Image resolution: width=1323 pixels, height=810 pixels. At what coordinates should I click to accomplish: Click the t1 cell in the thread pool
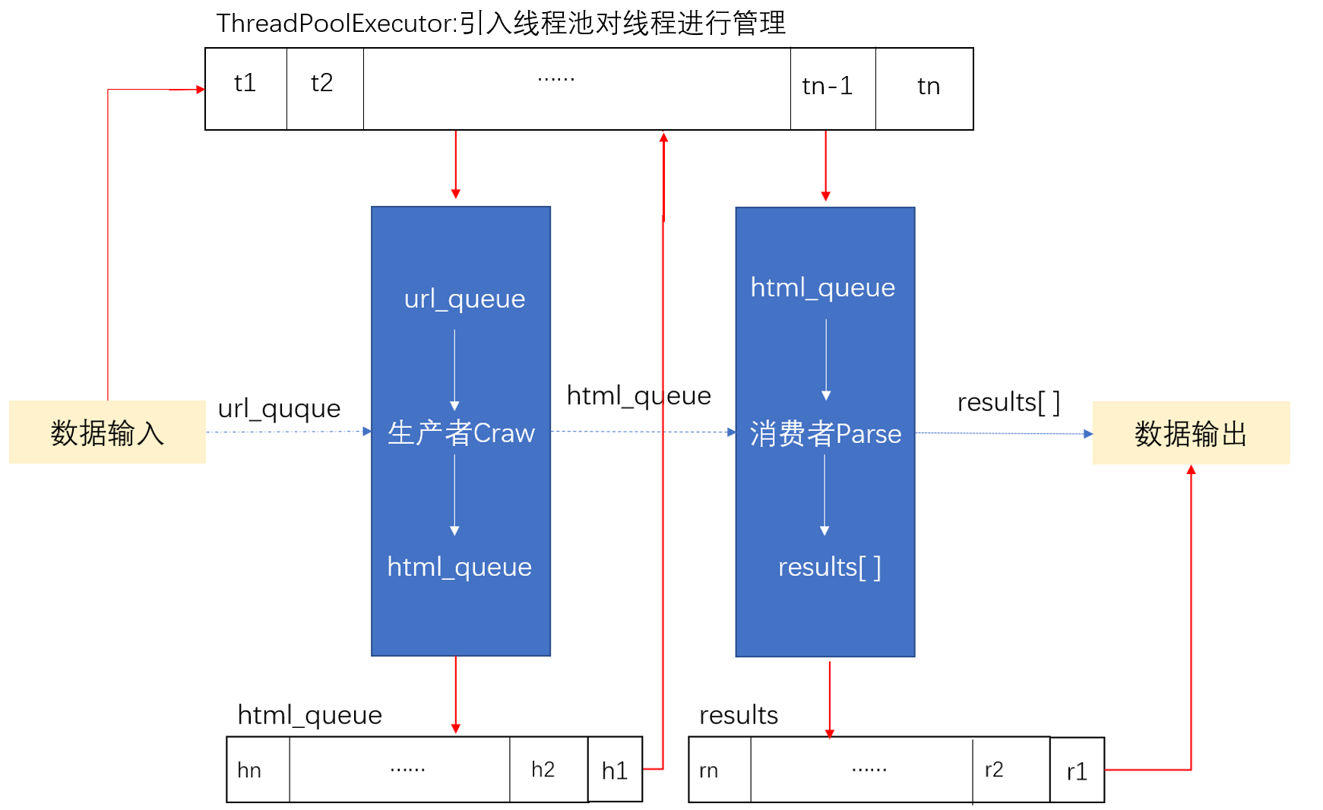[x=245, y=88]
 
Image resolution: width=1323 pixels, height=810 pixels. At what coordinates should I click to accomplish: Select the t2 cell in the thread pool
[x=324, y=88]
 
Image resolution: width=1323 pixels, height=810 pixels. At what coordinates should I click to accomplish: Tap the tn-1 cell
[x=831, y=88]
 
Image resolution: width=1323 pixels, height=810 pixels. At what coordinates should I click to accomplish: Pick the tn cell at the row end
[x=926, y=88]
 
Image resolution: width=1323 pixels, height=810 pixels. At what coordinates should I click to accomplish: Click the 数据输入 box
[x=107, y=432]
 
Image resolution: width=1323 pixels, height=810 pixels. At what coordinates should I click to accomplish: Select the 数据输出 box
[x=1190, y=433]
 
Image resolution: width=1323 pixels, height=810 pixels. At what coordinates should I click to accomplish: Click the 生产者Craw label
[x=461, y=433]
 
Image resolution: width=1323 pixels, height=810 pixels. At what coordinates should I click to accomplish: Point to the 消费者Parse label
[x=825, y=434]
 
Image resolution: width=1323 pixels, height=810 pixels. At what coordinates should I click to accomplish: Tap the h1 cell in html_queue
[x=615, y=770]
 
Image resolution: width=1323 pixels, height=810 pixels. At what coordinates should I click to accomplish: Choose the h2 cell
[x=544, y=770]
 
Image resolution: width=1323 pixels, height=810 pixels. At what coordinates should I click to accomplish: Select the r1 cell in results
[x=1077, y=771]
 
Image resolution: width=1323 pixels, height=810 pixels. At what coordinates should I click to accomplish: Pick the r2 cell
[x=995, y=770]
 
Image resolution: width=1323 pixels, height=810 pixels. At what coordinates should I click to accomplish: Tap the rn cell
[x=711, y=770]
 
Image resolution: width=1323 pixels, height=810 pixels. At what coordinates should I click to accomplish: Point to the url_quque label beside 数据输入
[x=279, y=409]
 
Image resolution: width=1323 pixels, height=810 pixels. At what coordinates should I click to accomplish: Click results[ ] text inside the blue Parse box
[x=829, y=567]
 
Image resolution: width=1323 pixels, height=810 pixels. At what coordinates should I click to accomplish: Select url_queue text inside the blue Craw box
[x=464, y=299]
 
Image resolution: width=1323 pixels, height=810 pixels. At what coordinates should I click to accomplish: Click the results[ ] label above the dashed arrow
[x=1008, y=402]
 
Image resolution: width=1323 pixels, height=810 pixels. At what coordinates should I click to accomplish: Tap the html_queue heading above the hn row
[x=309, y=715]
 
